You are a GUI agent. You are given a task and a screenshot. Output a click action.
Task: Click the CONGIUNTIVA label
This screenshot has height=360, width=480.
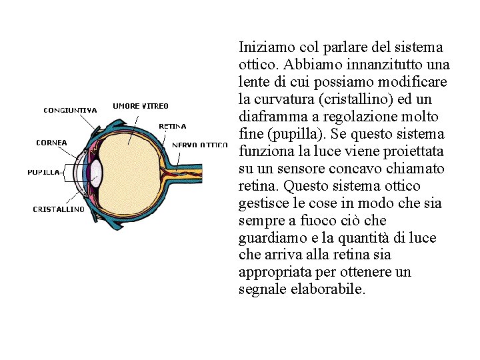click(x=71, y=110)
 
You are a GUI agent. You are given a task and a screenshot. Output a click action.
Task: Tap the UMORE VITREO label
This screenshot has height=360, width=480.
click(x=141, y=105)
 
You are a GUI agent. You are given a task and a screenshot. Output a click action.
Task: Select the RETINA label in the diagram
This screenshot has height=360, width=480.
click(x=172, y=125)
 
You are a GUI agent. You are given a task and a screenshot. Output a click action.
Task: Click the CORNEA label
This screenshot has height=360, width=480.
click(x=51, y=141)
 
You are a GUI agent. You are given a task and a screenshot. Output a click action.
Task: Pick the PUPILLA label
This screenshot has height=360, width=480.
click(x=43, y=172)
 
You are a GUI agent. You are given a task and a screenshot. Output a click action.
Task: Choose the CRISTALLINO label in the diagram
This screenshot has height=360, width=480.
click(x=59, y=209)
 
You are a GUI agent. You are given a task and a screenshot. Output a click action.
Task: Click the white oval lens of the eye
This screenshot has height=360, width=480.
click(x=96, y=172)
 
